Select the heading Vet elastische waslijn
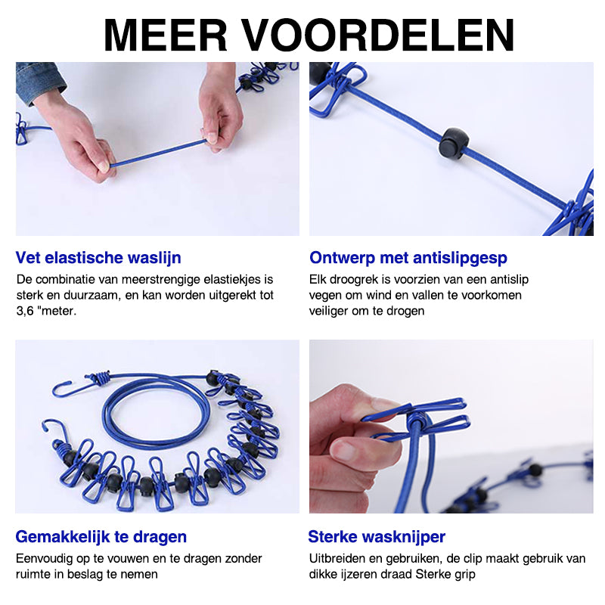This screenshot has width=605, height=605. [x=98, y=258]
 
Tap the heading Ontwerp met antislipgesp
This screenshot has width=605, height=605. [x=408, y=258]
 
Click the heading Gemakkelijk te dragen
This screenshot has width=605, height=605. [x=101, y=537]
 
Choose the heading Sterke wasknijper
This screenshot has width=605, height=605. [x=377, y=537]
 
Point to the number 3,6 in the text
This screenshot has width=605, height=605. [x=27, y=310]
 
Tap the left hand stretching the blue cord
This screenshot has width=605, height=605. [x=79, y=140]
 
